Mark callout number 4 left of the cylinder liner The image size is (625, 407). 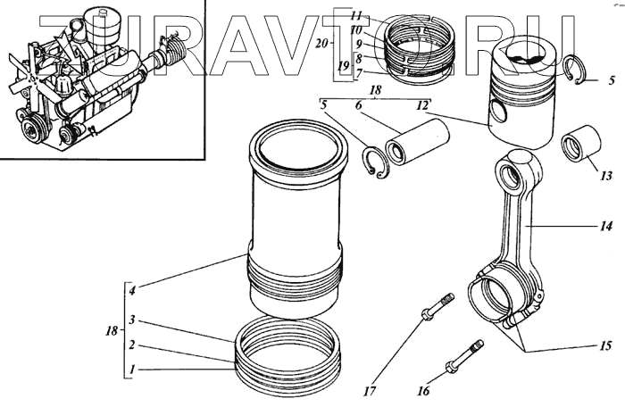(x=131, y=290)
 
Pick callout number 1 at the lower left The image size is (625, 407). (x=131, y=369)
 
